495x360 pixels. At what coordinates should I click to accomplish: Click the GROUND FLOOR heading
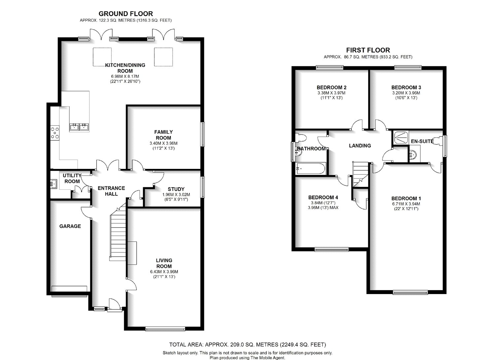[125, 14]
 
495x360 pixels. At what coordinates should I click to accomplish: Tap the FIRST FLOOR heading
[368, 50]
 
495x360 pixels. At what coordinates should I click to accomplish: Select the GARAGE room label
[70, 226]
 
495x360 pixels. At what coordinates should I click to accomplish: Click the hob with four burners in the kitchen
[55, 133]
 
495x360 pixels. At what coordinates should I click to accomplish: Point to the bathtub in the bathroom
[311, 169]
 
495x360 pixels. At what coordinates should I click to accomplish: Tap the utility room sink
[53, 184]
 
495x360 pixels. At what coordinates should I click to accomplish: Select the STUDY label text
[176, 189]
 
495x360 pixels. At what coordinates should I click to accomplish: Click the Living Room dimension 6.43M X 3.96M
[164, 272]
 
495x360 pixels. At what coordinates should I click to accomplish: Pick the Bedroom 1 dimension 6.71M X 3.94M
[406, 204]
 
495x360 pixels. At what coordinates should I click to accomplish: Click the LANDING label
[360, 146]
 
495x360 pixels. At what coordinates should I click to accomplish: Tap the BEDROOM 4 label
[323, 197]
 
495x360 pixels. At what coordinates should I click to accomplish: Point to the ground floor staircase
[118, 232]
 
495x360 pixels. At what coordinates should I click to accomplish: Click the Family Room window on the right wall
[202, 134]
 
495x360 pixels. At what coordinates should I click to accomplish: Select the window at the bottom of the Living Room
[165, 329]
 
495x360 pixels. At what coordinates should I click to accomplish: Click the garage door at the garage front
[69, 295]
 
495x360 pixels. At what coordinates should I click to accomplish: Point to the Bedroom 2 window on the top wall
[329, 68]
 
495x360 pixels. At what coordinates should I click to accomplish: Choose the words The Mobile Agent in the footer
[268, 358]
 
